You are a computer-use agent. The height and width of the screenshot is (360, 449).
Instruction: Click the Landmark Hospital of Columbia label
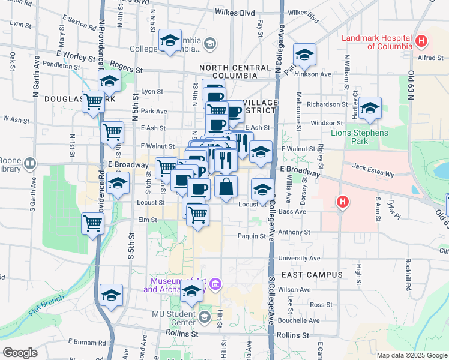[x=376, y=42]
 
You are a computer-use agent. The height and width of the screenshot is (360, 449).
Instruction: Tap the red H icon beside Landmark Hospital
[x=422, y=41]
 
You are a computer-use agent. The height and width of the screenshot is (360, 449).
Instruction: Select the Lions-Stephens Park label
[x=359, y=137]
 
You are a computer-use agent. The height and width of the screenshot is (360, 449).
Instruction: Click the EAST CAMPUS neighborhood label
[x=303, y=275]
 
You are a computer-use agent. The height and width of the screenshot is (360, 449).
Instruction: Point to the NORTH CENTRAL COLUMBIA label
[x=237, y=72]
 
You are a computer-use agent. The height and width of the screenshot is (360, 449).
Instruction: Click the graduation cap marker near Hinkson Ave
[x=304, y=56]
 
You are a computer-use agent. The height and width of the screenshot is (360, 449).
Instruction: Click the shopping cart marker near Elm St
[x=93, y=223]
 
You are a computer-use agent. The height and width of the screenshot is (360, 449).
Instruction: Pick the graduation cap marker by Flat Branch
[x=111, y=295]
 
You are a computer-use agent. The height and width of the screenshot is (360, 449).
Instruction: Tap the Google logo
[x=20, y=353]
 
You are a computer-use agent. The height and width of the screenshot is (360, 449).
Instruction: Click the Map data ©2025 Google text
[x=411, y=355]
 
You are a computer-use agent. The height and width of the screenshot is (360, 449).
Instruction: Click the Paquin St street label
[x=251, y=236]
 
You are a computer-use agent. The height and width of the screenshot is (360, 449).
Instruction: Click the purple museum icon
[x=215, y=283]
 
